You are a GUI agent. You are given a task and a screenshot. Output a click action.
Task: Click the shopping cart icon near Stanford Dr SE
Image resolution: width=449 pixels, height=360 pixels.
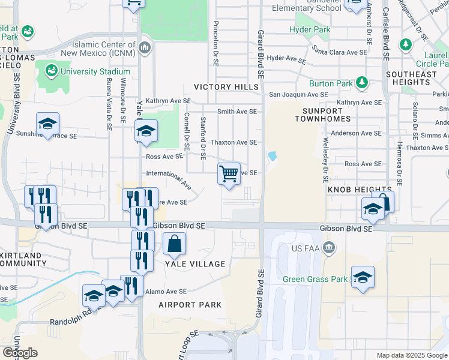pyautogui.click(x=229, y=174)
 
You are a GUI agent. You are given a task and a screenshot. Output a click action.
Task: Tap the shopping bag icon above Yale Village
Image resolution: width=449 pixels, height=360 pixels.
pyautogui.click(x=174, y=244)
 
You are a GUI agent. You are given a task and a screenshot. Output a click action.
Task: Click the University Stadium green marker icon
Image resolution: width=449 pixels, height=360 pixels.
pyautogui.click(x=51, y=72)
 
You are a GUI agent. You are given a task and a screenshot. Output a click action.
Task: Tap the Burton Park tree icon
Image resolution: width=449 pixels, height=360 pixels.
pyautogui.click(x=361, y=83)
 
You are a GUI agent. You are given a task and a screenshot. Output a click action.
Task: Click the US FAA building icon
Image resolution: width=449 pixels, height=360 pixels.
pyautogui.click(x=328, y=247)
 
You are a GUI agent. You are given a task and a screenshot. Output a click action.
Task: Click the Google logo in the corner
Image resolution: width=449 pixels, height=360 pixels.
pyautogui.click(x=20, y=353)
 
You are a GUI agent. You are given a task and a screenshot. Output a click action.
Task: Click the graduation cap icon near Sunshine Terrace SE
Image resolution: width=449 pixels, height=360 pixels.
pyautogui.click(x=47, y=124)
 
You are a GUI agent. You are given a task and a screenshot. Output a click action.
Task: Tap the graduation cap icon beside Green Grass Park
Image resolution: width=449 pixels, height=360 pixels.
pyautogui.click(x=363, y=277)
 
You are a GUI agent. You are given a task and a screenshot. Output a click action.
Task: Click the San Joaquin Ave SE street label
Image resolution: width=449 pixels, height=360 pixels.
pyautogui.click(x=298, y=95)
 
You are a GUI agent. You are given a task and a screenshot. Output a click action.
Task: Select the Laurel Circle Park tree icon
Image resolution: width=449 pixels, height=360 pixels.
pyautogui.click(x=406, y=44)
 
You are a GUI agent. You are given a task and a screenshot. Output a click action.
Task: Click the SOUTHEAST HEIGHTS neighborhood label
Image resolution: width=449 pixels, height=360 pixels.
pyautogui.click(x=412, y=79)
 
